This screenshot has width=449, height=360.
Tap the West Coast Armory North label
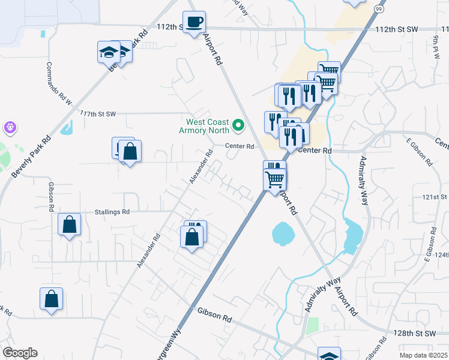(206, 126)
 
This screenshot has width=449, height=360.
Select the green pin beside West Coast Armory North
(238, 125)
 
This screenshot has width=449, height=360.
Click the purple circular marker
(10, 127)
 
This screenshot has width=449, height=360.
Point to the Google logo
(20, 353)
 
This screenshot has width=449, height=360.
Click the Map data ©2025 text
(423, 355)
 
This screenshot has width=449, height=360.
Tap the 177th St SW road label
(97, 113)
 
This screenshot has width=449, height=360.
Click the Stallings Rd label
(112, 212)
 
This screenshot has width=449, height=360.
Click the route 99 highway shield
(379, 8)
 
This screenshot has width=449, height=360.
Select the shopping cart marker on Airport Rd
(275, 178)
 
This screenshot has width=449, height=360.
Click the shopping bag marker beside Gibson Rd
(70, 225)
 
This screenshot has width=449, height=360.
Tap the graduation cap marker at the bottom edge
(329, 355)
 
